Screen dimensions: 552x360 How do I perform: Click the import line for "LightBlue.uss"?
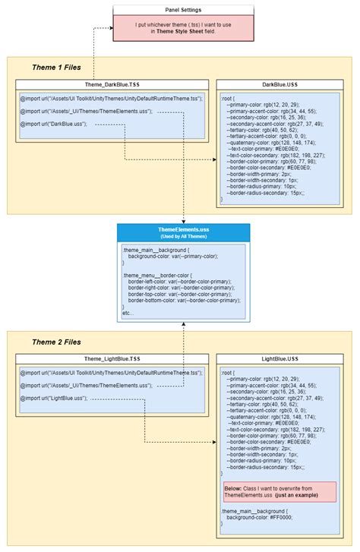pyautogui.click(x=54, y=398)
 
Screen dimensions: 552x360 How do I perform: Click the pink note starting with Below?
pyautogui.click(x=279, y=490)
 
